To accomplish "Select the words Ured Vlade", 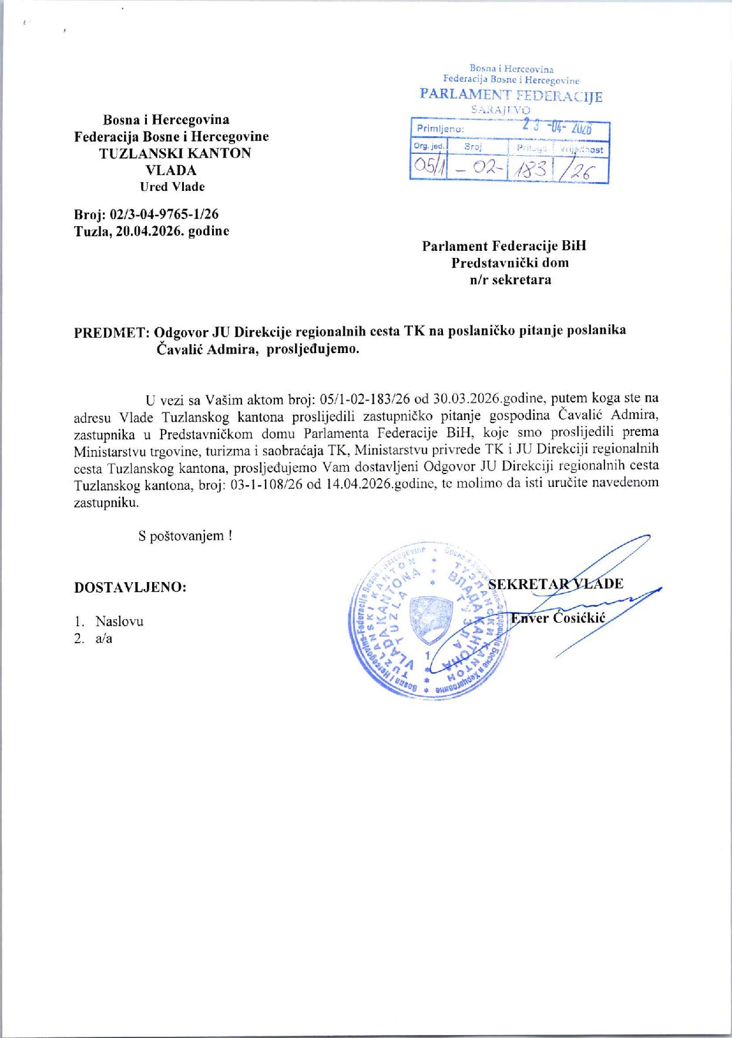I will (x=172, y=187).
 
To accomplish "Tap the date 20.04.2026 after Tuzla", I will (x=152, y=231).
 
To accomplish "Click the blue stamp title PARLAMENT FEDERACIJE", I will (x=511, y=96).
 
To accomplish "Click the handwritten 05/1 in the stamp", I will (x=428, y=168).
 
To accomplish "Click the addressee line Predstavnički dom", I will (x=509, y=263).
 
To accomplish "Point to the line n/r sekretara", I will (x=510, y=280).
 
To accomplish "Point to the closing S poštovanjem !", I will (x=185, y=536).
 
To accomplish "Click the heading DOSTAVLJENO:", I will (x=130, y=587).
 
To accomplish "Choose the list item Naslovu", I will (x=119, y=622).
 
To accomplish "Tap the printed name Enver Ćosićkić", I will (x=557, y=618).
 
